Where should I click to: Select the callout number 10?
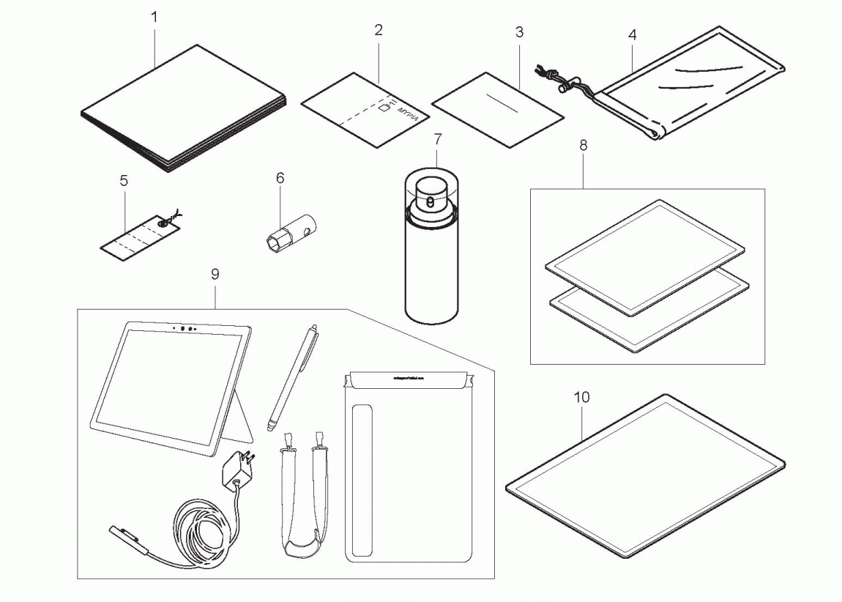click(x=582, y=397)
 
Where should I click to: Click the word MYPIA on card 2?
click(x=407, y=116)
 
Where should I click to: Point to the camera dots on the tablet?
click(x=187, y=329)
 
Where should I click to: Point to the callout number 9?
click(x=215, y=274)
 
